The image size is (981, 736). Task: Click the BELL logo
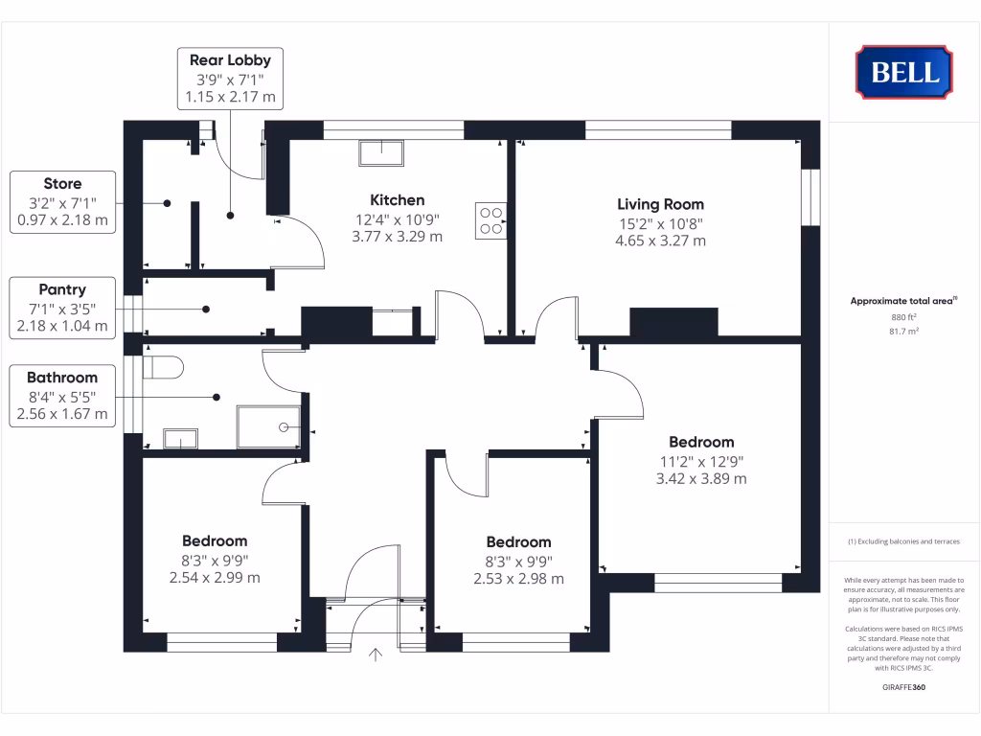coord(903,72)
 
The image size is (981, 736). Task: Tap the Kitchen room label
coord(398,200)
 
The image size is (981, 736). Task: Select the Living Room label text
coord(660,204)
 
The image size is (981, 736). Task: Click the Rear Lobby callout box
coord(230,79)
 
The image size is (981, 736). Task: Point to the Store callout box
coord(62,201)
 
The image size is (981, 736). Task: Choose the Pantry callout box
coord(62,308)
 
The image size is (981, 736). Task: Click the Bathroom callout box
coord(62,396)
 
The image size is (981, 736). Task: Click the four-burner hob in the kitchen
coord(490,221)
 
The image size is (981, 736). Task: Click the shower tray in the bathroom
coord(268,426)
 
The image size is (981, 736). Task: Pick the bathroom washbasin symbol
coord(180,439)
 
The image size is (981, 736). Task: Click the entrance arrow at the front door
coord(376,655)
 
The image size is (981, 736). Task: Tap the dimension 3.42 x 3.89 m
coord(701,478)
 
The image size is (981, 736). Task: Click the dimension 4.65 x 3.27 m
coord(660,241)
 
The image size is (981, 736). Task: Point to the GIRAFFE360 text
coord(903,687)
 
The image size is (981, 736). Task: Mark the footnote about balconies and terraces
coord(903,541)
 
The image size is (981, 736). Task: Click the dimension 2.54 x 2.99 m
coord(215,578)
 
